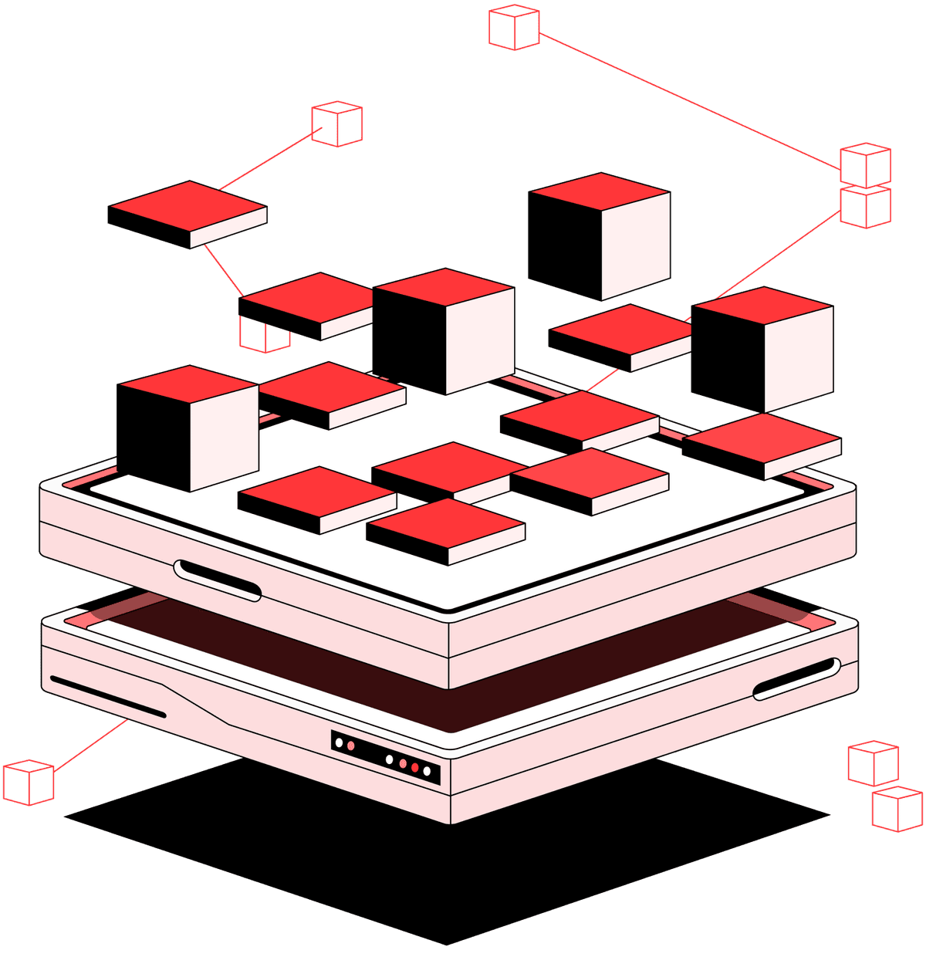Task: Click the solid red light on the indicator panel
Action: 414,768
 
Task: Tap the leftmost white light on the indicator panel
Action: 339,742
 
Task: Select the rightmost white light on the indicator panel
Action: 427,771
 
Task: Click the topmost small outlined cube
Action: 514,28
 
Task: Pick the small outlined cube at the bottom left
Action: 29,782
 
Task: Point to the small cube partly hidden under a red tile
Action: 264,336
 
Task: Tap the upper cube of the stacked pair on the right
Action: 865,165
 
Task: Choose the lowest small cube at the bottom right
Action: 897,809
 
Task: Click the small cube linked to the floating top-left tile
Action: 336,124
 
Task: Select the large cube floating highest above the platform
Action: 599,235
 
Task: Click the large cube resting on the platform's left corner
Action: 188,428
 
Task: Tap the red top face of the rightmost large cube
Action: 762,305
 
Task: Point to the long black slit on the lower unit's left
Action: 108,697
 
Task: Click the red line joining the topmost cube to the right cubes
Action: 687,99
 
